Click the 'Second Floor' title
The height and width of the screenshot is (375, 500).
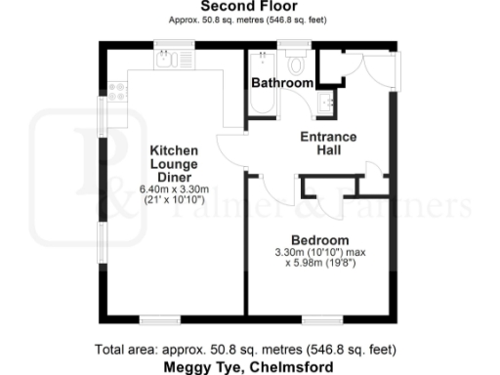point(250,6)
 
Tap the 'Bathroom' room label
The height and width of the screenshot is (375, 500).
point(282,84)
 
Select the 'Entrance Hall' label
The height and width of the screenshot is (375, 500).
point(328,145)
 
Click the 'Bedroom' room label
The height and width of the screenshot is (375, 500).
point(320,240)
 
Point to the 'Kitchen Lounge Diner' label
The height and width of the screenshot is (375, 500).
point(174,164)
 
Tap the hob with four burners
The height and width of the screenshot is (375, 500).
point(117,91)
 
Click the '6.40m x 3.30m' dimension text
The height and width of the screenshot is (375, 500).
point(174,188)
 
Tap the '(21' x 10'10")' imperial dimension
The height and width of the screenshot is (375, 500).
point(174,200)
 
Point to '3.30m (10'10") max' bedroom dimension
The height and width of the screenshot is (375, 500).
point(320,253)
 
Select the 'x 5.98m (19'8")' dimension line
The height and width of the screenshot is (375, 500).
point(320,264)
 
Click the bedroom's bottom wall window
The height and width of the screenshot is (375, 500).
point(320,319)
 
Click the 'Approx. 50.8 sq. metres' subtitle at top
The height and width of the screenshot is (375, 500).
point(250,19)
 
